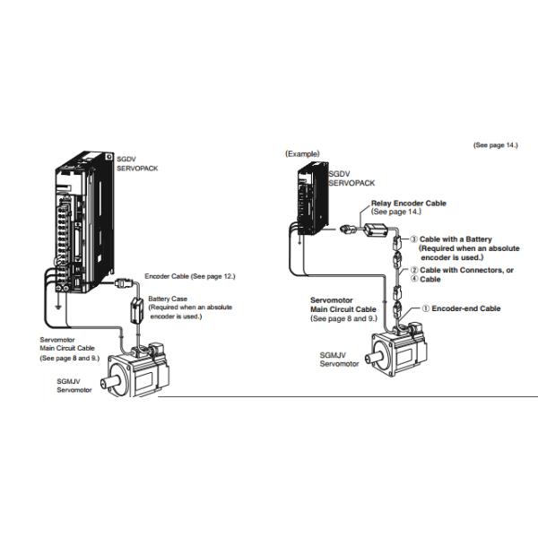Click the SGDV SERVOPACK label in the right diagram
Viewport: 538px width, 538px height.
pyautogui.click(x=351, y=178)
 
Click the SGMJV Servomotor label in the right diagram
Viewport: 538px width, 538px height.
pyautogui.click(x=340, y=359)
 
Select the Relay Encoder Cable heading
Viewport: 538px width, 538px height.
pyautogui.click(x=408, y=204)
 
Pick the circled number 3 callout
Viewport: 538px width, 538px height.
pyautogui.click(x=413, y=239)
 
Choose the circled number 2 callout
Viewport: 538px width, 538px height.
pyautogui.click(x=413, y=269)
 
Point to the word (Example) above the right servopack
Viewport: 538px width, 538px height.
pyautogui.click(x=302, y=153)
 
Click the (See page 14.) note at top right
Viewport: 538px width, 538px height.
pyautogui.click(x=495, y=144)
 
